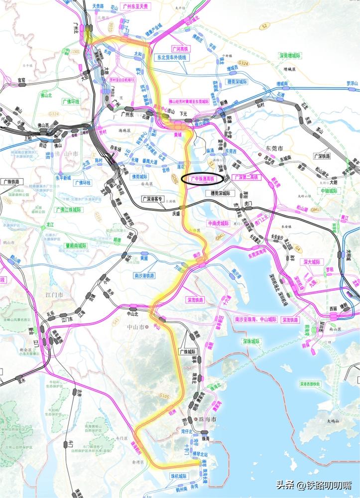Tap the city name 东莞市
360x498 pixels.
tap(273, 148)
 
